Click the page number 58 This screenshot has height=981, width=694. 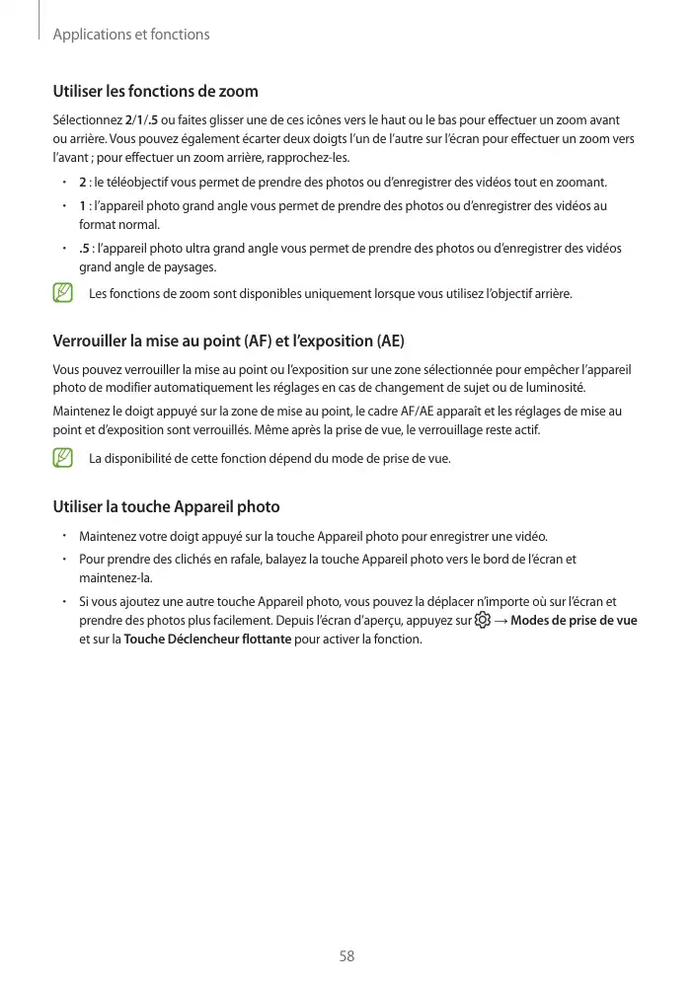[x=347, y=956]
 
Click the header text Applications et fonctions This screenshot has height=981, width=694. [x=131, y=35]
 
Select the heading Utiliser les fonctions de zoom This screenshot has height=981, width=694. [x=155, y=92]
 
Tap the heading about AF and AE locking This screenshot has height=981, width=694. [x=228, y=341]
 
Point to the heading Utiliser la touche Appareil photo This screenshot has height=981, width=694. [x=166, y=507]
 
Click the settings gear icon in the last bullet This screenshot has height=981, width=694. [x=482, y=621]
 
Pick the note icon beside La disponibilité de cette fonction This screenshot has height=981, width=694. [x=64, y=458]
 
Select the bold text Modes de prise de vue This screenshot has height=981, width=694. [x=575, y=621]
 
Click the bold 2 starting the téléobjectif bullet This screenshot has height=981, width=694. [x=82, y=183]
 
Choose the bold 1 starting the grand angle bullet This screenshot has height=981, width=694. [x=82, y=206]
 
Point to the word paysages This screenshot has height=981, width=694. [x=190, y=267]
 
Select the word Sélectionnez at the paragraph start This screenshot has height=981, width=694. [x=84, y=120]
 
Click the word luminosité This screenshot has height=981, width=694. [x=554, y=386]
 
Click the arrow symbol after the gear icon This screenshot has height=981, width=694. [x=501, y=621]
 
